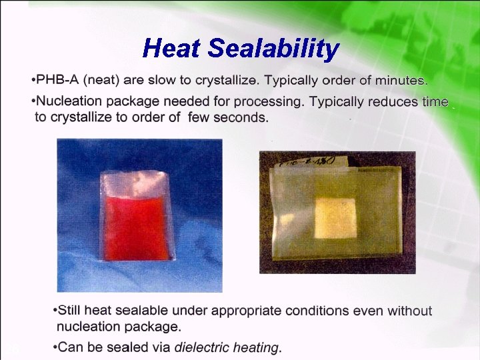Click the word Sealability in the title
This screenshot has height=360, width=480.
pyautogui.click(x=273, y=48)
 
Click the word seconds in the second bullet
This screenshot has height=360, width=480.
pyautogui.click(x=239, y=118)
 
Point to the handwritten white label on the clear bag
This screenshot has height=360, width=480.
pyautogui.click(x=308, y=159)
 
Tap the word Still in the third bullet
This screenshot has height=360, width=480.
pyautogui.click(x=71, y=311)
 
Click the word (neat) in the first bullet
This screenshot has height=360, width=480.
pyautogui.click(x=101, y=81)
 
